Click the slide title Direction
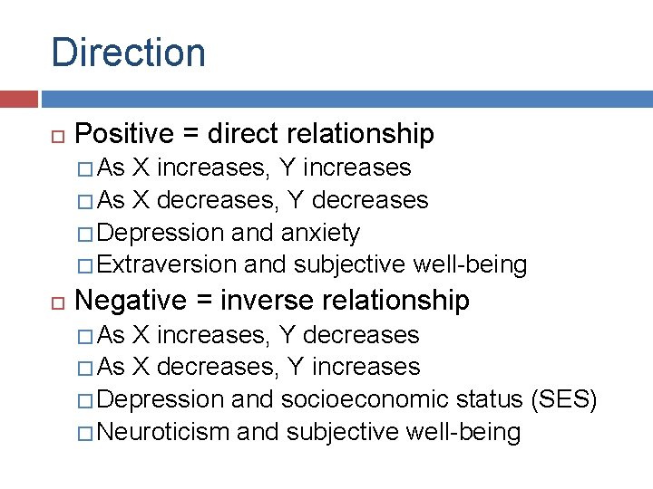(x=128, y=53)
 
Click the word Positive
(x=124, y=134)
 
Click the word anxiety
(x=321, y=234)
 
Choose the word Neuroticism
(x=162, y=432)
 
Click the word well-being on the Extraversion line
(x=470, y=264)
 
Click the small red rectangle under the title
(x=19, y=99)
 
